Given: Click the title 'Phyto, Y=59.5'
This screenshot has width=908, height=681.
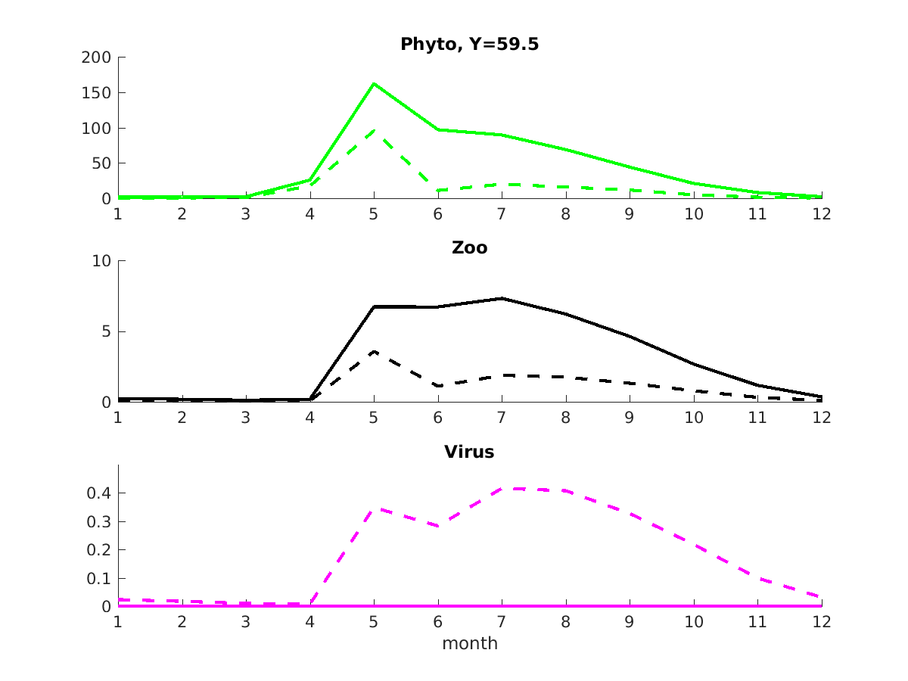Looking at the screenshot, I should (x=469, y=45).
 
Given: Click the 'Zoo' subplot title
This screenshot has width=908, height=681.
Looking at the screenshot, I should (x=469, y=247).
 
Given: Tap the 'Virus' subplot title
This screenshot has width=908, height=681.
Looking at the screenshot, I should (x=469, y=452).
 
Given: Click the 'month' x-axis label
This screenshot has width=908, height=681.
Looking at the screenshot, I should (x=469, y=644).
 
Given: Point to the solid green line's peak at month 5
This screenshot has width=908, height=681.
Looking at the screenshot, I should (x=374, y=83).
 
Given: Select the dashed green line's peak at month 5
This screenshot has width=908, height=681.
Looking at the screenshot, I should (x=374, y=130).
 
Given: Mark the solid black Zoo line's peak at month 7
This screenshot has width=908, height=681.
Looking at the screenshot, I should (x=502, y=298).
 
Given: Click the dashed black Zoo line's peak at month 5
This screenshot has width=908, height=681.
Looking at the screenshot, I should (x=374, y=352).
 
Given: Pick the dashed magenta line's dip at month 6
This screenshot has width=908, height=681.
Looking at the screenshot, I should (x=438, y=526).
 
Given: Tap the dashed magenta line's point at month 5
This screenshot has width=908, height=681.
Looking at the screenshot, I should (x=374, y=508).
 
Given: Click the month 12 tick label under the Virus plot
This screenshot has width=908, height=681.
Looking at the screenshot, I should (x=822, y=622).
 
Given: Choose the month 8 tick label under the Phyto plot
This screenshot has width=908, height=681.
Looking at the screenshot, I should (x=566, y=214).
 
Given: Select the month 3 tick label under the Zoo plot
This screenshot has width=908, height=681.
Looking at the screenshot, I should (x=246, y=418).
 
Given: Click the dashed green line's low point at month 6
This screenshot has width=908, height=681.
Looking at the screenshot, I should (x=438, y=191).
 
